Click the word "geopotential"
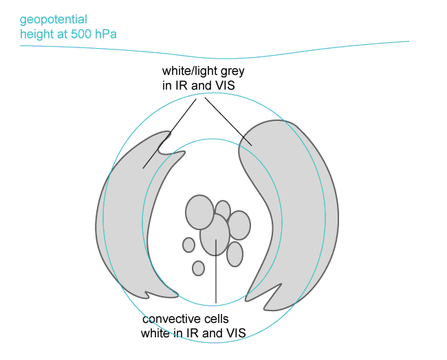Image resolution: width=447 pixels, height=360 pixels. click(x=54, y=20)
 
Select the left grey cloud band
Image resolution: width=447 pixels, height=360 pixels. click(x=127, y=220)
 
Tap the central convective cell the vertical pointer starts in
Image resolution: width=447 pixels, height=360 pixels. click(x=215, y=234)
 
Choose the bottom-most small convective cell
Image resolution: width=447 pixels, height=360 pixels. click(x=198, y=268)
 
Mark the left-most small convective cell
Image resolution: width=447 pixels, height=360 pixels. click(x=188, y=245)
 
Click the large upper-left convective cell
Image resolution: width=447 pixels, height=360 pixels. click(x=199, y=212)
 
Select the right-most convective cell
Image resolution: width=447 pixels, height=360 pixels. click(x=239, y=225)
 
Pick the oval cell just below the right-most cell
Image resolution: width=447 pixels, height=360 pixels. click(x=235, y=254)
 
